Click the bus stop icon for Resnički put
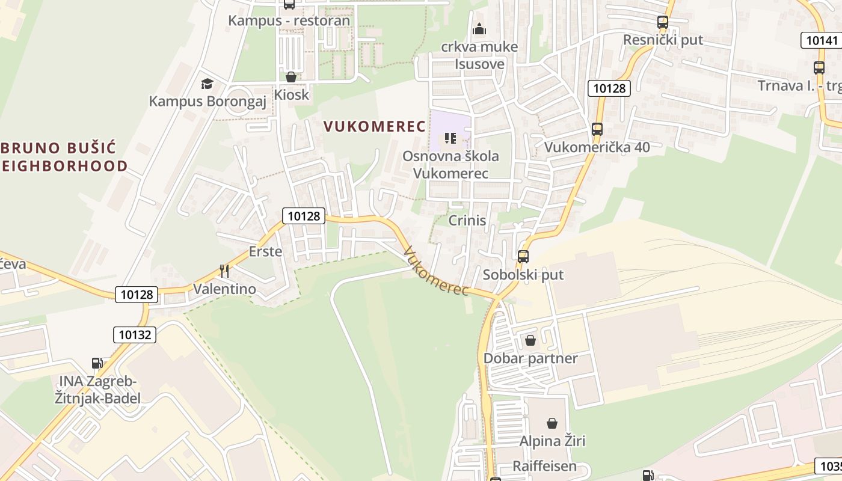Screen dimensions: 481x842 tap(662, 22)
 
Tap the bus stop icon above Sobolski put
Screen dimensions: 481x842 tap(523, 257)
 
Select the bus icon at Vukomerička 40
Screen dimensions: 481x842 tap(597, 129)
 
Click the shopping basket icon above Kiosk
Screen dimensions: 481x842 tap(291, 77)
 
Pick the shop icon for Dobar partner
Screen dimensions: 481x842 tap(530, 341)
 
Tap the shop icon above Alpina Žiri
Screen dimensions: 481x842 tap(552, 423)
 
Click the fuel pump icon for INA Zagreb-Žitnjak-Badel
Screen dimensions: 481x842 tap(97, 363)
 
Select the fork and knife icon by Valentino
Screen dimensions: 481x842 tap(224, 271)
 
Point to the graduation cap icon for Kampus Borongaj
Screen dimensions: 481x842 tap(207, 84)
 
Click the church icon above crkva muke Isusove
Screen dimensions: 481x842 tap(479, 28)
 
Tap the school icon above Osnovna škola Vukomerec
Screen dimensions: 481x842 tap(450, 139)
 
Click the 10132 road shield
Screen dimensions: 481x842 tap(135, 335)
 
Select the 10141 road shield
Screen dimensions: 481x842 tap(822, 40)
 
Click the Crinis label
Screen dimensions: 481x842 tap(467, 221)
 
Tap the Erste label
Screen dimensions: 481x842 tap(265, 251)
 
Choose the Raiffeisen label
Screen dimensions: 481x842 tap(544, 466)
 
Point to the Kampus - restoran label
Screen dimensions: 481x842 tap(289, 20)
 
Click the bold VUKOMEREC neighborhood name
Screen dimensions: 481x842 tap(375, 126)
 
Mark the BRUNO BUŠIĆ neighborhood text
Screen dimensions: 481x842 tap(60, 148)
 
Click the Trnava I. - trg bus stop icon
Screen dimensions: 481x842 tap(819, 68)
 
